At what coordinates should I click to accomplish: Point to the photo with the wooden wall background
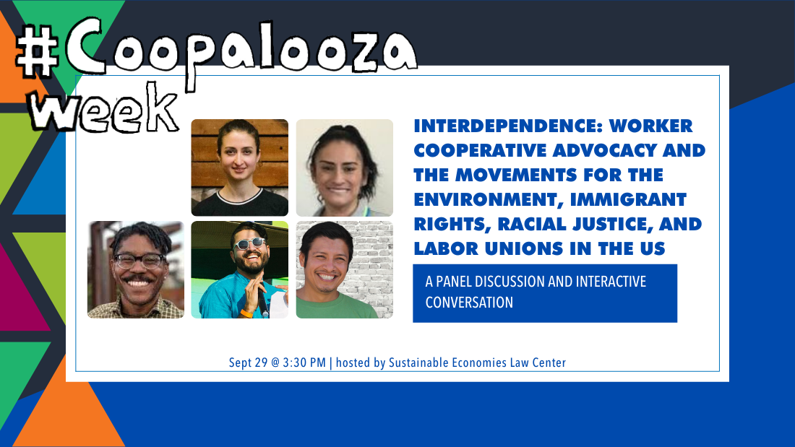click(239, 168)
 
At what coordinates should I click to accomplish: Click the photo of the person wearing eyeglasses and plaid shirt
click(136, 269)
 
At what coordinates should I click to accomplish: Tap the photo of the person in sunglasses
click(239, 269)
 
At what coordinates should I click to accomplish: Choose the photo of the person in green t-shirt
click(345, 269)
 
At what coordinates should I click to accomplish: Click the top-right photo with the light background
click(345, 168)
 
